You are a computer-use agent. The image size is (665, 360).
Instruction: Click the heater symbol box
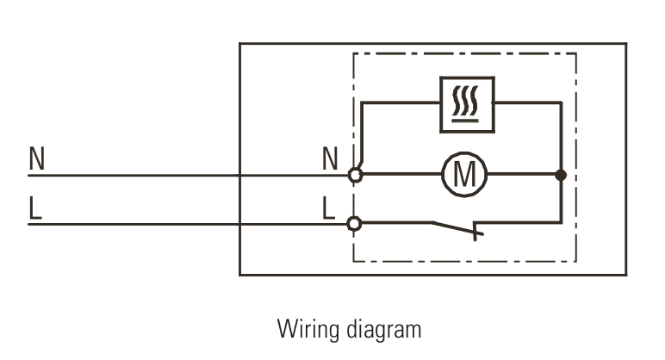pyautogui.click(x=467, y=104)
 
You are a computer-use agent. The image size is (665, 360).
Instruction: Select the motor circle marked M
pyautogui.click(x=464, y=175)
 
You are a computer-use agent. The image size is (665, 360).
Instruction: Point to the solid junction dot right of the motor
pyautogui.click(x=561, y=175)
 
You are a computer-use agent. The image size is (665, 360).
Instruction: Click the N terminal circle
pyautogui.click(x=354, y=175)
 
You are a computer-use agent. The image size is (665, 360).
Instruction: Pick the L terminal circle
pyautogui.click(x=354, y=224)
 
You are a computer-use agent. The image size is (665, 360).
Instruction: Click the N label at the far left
pyautogui.click(x=36, y=158)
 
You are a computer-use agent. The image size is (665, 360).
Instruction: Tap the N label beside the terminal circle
pyautogui.click(x=330, y=158)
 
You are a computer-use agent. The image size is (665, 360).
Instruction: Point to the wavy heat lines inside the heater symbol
pyautogui.click(x=467, y=100)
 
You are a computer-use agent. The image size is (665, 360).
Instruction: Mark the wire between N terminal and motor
pyautogui.click(x=401, y=175)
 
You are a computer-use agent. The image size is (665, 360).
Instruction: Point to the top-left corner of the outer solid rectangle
pyautogui.click(x=239, y=44)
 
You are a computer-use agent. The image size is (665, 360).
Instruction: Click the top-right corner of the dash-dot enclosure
pyautogui.click(x=576, y=54)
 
